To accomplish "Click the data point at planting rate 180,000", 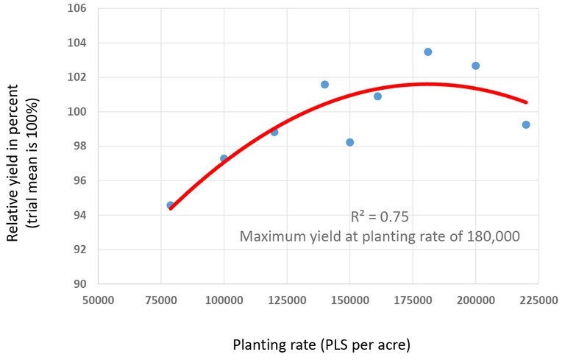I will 427,52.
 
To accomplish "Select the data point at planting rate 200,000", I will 475,66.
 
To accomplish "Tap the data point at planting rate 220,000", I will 526,124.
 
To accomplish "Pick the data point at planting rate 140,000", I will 324,85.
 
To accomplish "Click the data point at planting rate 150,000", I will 349,142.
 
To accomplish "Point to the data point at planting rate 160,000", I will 377,96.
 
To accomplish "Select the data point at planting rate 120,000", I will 274,132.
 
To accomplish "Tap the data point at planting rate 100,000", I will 224,158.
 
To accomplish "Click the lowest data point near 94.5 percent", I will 171,205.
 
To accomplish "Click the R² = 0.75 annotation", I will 379,217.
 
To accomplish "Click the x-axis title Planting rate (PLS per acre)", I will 321,344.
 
